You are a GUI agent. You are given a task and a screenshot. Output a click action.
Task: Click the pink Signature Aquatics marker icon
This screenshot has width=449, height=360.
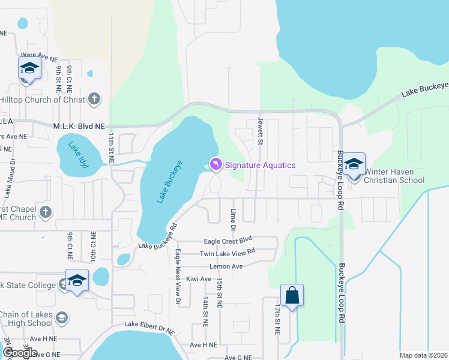click(x=215, y=164)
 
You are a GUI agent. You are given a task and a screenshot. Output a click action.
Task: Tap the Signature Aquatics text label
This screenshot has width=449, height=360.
click(x=261, y=165)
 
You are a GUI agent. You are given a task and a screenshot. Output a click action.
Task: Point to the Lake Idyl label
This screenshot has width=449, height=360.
click(x=78, y=154)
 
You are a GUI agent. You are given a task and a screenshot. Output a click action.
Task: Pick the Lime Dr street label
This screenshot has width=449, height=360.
click(x=232, y=220)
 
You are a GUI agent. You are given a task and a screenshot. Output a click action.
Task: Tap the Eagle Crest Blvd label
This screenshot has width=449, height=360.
click(x=228, y=240)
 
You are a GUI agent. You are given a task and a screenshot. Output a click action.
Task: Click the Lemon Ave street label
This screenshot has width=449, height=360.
click(x=226, y=266)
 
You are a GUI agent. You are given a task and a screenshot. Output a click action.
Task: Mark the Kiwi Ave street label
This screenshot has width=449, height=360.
click(x=199, y=279)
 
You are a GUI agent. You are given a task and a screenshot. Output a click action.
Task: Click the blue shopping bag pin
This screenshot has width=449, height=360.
click(x=292, y=296)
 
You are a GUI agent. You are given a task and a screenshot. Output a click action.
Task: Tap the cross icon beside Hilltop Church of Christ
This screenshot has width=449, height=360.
click(x=94, y=99)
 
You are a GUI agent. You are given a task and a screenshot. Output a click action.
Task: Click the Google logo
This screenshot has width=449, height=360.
click(x=19, y=352)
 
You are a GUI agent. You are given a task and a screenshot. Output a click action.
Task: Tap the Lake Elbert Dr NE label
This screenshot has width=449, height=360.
click(x=149, y=326)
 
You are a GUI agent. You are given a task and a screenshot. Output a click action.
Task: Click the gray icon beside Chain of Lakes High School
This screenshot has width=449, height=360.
click(x=61, y=317)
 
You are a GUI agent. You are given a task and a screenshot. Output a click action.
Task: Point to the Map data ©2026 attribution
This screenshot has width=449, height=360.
click(x=423, y=355)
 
